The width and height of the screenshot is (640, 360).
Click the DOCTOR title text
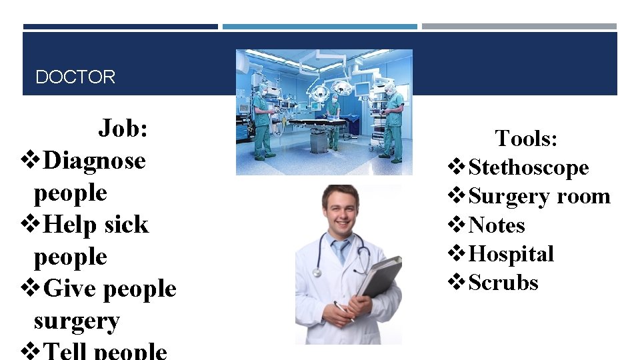(x=75, y=77)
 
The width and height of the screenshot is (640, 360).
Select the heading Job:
(x=123, y=128)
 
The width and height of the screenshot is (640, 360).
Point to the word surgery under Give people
(x=77, y=321)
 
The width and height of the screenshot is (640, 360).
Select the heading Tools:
(x=526, y=139)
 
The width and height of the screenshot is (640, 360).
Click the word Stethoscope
(x=529, y=167)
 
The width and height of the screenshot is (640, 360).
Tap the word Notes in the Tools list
(x=497, y=225)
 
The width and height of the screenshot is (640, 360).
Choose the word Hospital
(x=511, y=254)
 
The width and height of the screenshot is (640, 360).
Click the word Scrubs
(x=503, y=283)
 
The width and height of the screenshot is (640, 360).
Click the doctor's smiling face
(x=341, y=209)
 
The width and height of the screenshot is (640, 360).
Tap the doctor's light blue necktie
(x=341, y=251)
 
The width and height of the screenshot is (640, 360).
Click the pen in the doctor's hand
(x=345, y=312)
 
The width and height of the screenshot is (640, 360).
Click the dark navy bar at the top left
(x=120, y=27)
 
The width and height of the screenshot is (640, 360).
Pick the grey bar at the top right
(x=519, y=27)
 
